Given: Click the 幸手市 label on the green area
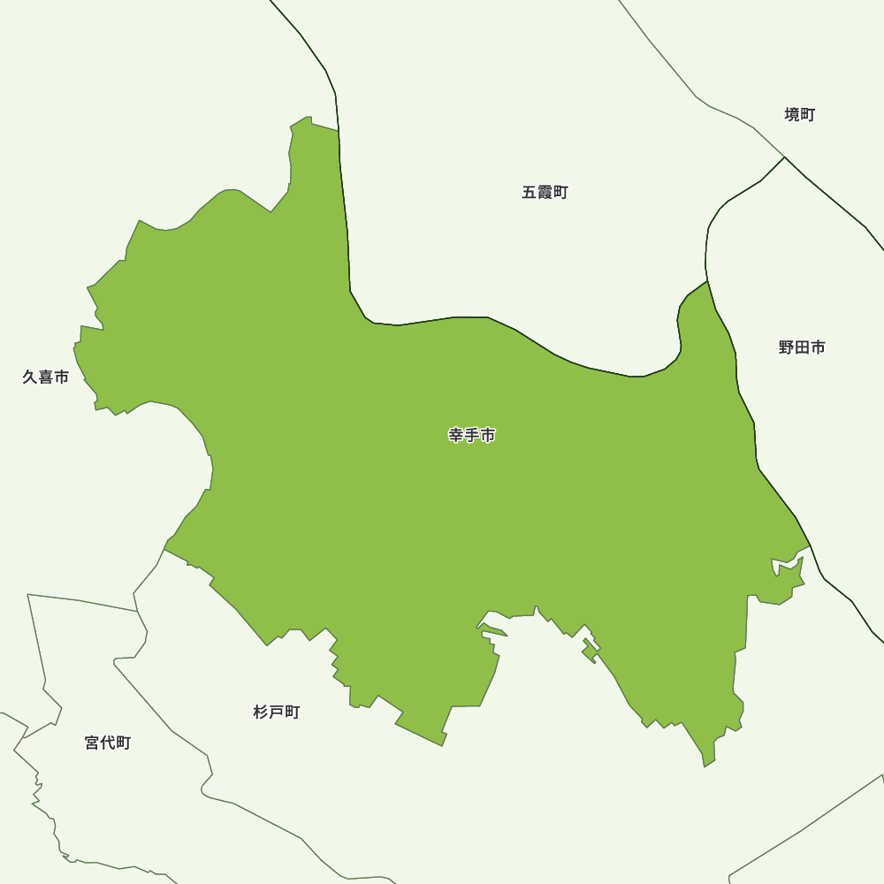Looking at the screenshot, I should click(472, 435).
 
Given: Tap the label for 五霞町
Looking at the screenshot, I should click(545, 193).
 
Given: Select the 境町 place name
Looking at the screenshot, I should click(800, 115).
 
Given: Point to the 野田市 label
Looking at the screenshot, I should click(802, 348).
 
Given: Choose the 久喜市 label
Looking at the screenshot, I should click(45, 377).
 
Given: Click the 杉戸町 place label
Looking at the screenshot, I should click(277, 713).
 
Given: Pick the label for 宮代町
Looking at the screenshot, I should click(108, 743).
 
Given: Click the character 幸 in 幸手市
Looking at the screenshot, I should click(456, 435).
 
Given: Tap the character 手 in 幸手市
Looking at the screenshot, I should click(472, 435).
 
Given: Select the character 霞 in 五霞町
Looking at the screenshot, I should click(545, 193).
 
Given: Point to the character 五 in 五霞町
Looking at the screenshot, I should click(530, 193).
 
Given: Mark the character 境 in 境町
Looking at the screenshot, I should click(792, 115).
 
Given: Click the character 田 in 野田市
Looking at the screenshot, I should click(802, 348).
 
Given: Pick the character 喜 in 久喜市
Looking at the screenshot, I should click(45, 377).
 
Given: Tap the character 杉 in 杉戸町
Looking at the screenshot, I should click(261, 713).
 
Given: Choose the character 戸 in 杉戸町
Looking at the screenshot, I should click(277, 713).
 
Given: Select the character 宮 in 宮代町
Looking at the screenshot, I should click(93, 743).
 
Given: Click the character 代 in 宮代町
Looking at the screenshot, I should click(108, 743).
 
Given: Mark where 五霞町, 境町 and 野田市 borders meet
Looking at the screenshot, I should click(785, 157).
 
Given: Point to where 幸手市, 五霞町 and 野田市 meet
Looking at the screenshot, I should click(707, 281).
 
